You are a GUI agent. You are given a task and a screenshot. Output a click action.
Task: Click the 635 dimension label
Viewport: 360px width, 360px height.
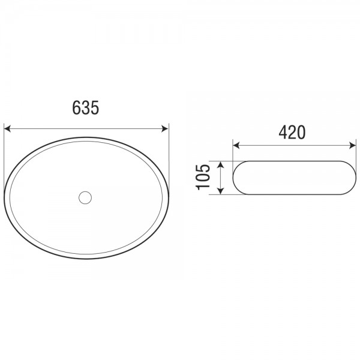[85, 107]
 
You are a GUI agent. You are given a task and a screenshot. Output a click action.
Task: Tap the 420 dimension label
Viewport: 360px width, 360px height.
[292, 132]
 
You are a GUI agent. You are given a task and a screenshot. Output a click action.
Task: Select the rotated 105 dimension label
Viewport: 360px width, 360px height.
[203, 177]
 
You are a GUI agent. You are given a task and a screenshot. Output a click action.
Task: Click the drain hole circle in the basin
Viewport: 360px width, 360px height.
[85, 197]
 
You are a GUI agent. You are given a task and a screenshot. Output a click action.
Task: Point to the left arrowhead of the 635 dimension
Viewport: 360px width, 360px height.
[7, 129]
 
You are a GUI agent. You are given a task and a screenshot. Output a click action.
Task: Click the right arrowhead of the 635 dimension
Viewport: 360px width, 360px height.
[165, 129]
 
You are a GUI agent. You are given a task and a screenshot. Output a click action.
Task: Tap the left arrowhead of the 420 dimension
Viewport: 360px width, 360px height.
[236, 145]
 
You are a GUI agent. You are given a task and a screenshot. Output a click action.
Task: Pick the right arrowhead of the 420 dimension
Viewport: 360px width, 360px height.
[352, 145]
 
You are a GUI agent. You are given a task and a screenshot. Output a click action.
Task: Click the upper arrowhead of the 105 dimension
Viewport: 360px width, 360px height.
[220, 164]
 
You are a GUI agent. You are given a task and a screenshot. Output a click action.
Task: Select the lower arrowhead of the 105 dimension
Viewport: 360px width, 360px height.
[220, 191]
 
